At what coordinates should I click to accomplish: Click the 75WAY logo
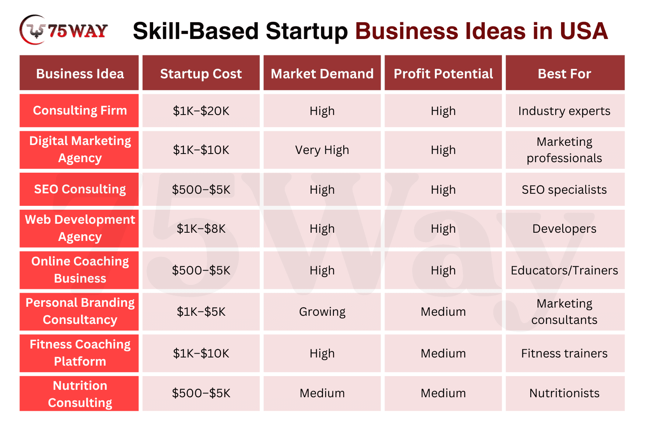64,30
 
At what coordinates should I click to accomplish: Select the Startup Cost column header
201,73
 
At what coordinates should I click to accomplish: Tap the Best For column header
565,73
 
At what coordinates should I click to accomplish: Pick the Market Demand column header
322,73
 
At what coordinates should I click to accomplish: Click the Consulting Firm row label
79,111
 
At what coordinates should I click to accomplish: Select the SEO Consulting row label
79,189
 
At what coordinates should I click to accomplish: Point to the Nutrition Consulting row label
79,394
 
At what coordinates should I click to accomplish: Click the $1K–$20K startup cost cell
201,111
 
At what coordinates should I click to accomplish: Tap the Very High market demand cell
322,150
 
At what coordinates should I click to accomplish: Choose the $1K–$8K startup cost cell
201,228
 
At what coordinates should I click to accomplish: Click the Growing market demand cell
322,311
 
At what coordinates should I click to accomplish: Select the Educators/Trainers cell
565,270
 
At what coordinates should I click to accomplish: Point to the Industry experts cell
565,111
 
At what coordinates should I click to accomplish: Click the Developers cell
565,228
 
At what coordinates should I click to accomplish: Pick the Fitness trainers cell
565,353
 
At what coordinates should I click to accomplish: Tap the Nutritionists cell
565,394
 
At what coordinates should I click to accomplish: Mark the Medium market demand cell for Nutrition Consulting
322,394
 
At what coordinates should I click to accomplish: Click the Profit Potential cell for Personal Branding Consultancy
443,311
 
